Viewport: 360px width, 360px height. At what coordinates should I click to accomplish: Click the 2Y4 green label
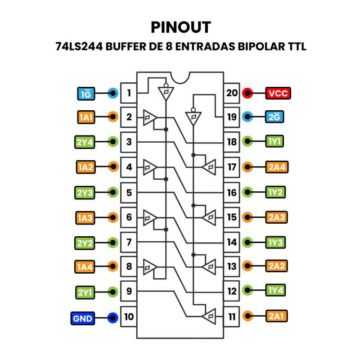click(x=84, y=142)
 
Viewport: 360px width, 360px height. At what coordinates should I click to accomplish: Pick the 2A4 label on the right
click(x=276, y=167)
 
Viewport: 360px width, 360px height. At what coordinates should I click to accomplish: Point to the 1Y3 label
click(x=276, y=242)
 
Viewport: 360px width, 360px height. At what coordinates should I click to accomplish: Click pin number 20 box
click(x=232, y=93)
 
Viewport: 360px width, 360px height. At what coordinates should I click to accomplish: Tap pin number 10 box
click(x=129, y=317)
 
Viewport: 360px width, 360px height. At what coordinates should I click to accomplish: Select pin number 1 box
click(x=129, y=94)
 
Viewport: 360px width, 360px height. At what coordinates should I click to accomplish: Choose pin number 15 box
click(x=232, y=217)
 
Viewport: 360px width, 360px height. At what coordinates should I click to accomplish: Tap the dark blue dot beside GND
click(x=113, y=319)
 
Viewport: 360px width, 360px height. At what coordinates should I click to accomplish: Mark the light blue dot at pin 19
click(x=247, y=117)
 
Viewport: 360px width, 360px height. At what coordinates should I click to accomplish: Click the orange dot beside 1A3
click(x=113, y=217)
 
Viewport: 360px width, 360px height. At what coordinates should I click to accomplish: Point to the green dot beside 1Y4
click(x=247, y=290)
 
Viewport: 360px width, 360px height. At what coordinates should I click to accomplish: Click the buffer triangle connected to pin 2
click(x=149, y=118)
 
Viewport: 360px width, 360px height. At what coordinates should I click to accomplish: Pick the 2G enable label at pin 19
click(x=276, y=117)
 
